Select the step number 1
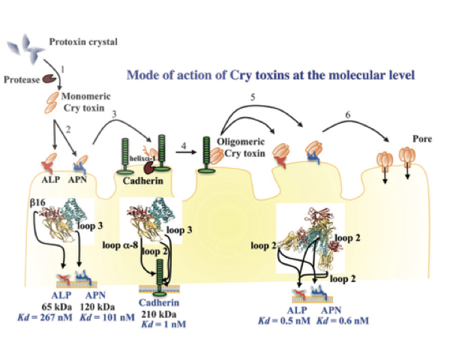[x=63, y=69]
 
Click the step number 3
[x=114, y=114]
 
